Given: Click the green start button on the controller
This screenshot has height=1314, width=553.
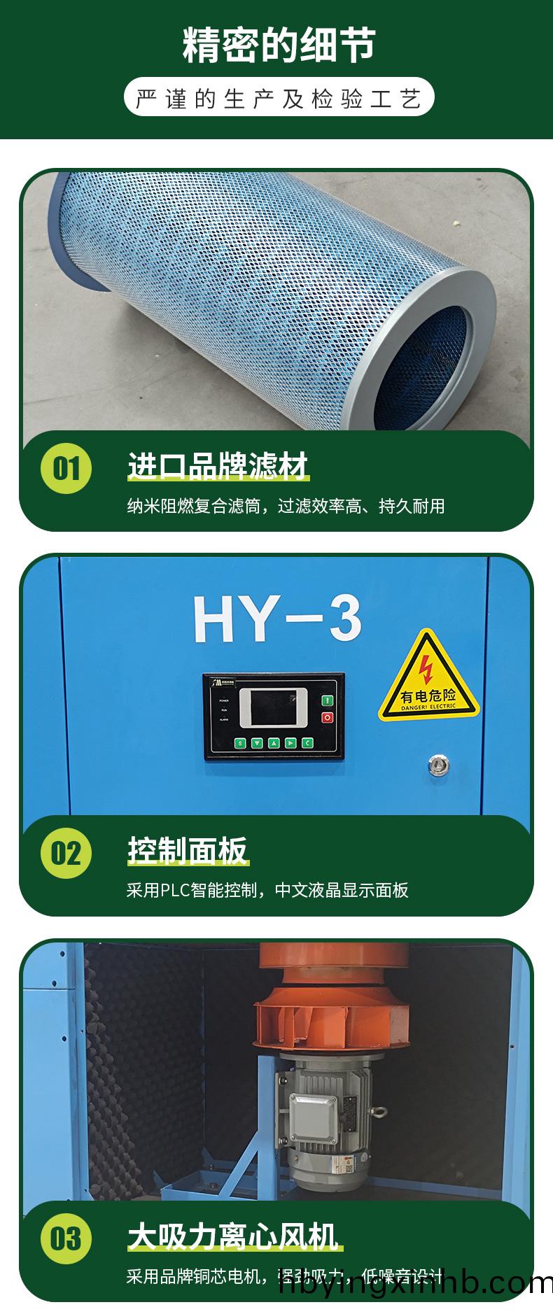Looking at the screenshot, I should (x=326, y=700).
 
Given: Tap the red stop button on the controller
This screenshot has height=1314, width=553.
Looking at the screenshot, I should (x=326, y=717).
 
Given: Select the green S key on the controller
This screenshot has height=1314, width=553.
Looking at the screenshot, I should (x=240, y=743).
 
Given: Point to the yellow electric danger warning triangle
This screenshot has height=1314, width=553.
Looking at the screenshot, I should (x=428, y=679).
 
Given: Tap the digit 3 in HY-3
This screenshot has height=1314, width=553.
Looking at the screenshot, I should (x=344, y=619).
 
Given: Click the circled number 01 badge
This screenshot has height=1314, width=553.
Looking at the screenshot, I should (x=66, y=467).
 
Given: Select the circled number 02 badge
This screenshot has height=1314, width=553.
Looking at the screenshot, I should (x=66, y=853).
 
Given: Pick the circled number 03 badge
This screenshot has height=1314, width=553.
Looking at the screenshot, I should (x=66, y=1238).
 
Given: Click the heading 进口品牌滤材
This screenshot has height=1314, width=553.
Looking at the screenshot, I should (x=218, y=467).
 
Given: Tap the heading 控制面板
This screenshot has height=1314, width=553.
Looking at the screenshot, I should (x=188, y=851).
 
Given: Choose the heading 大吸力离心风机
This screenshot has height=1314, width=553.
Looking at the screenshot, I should (x=233, y=1236).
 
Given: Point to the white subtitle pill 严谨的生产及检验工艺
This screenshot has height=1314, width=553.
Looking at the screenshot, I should (x=279, y=99).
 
